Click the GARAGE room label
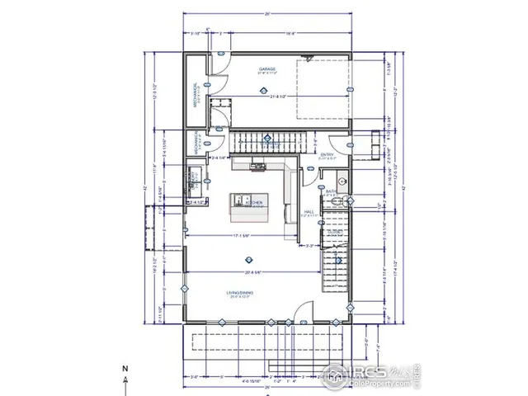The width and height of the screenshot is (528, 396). [266, 69]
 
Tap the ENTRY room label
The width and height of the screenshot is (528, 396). [328, 153]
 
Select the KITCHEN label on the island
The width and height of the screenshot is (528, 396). [255, 202]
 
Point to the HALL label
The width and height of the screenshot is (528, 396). [309, 212]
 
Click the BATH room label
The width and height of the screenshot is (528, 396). [331, 191]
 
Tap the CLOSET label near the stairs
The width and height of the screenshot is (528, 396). [334, 232]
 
